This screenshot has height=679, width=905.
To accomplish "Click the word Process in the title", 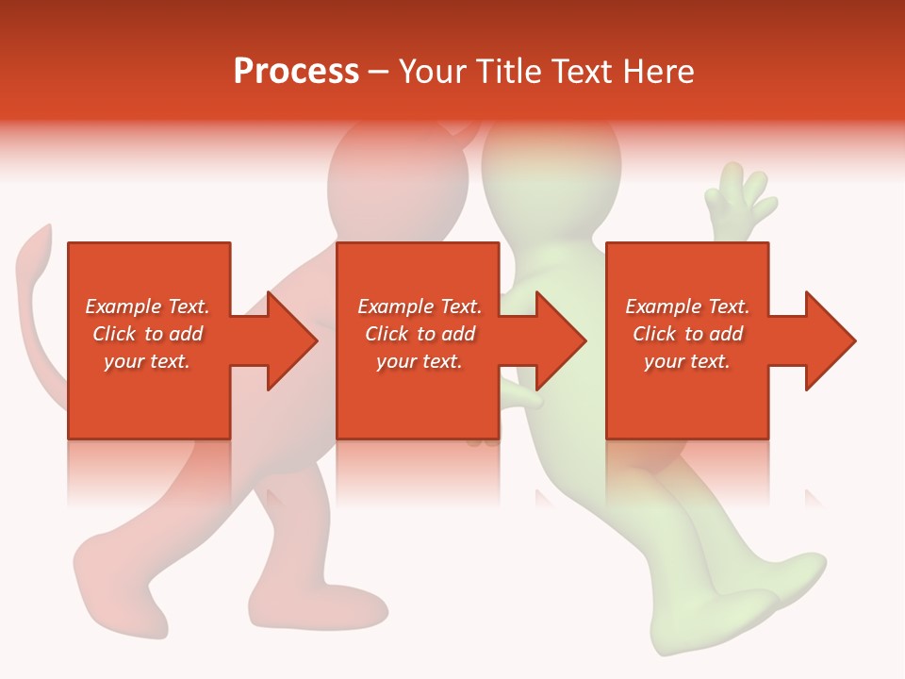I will pos(296,72).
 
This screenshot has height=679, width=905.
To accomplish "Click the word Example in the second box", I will pos(393,306).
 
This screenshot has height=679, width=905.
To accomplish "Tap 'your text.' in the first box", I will pos(147,361).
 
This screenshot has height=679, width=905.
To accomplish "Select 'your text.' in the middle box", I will pos(420,361).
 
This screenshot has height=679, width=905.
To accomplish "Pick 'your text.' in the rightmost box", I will pos(687,361).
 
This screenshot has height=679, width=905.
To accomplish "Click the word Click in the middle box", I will pos(387,334).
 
